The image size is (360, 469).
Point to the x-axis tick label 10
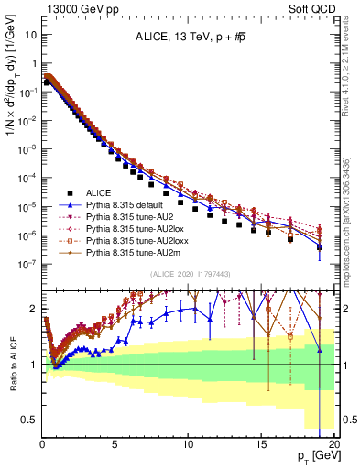[x=188, y=442]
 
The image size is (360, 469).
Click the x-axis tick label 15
[x=260, y=442]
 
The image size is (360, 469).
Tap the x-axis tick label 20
[x=333, y=442]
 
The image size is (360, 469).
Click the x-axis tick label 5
[x=115, y=442]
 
